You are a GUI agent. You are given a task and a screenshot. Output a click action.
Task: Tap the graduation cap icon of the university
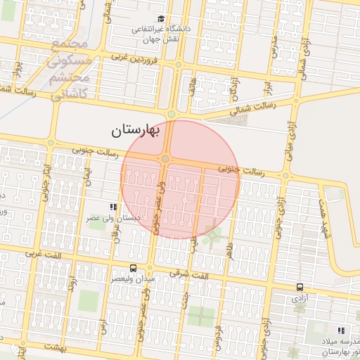tap(161, 19)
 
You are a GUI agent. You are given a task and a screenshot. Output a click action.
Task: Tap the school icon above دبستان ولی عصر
tap(112, 207)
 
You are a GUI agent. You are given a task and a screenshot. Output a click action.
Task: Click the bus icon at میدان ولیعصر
tap(133, 269)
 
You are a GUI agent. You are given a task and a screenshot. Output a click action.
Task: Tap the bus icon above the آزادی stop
tap(300, 287)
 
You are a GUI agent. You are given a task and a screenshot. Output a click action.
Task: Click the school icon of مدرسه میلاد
tap(341, 330)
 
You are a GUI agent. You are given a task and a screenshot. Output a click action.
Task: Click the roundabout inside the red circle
tap(165, 160)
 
